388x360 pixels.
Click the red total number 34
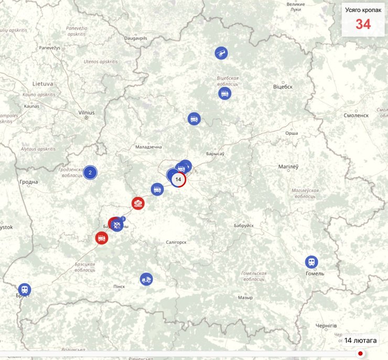(x=363, y=24)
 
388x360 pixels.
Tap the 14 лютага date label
(x=360, y=341)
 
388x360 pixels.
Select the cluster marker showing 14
(x=178, y=179)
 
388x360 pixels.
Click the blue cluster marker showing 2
(x=90, y=172)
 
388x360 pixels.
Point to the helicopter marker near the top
(x=221, y=52)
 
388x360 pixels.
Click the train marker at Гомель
(x=312, y=262)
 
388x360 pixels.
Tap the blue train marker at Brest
(x=24, y=289)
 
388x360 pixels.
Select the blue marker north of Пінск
(x=146, y=279)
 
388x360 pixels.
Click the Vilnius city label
(x=86, y=112)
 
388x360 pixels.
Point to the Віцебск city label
(x=283, y=87)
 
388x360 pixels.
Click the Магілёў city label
(x=288, y=167)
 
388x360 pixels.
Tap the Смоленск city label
(x=356, y=115)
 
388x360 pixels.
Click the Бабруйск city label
(x=243, y=225)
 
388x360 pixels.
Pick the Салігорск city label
(x=176, y=242)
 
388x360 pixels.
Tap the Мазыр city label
(x=245, y=297)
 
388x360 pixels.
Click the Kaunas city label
(x=31, y=106)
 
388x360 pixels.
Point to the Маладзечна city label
(x=148, y=147)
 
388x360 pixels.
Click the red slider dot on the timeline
(x=360, y=353)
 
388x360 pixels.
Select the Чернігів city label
(x=326, y=326)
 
